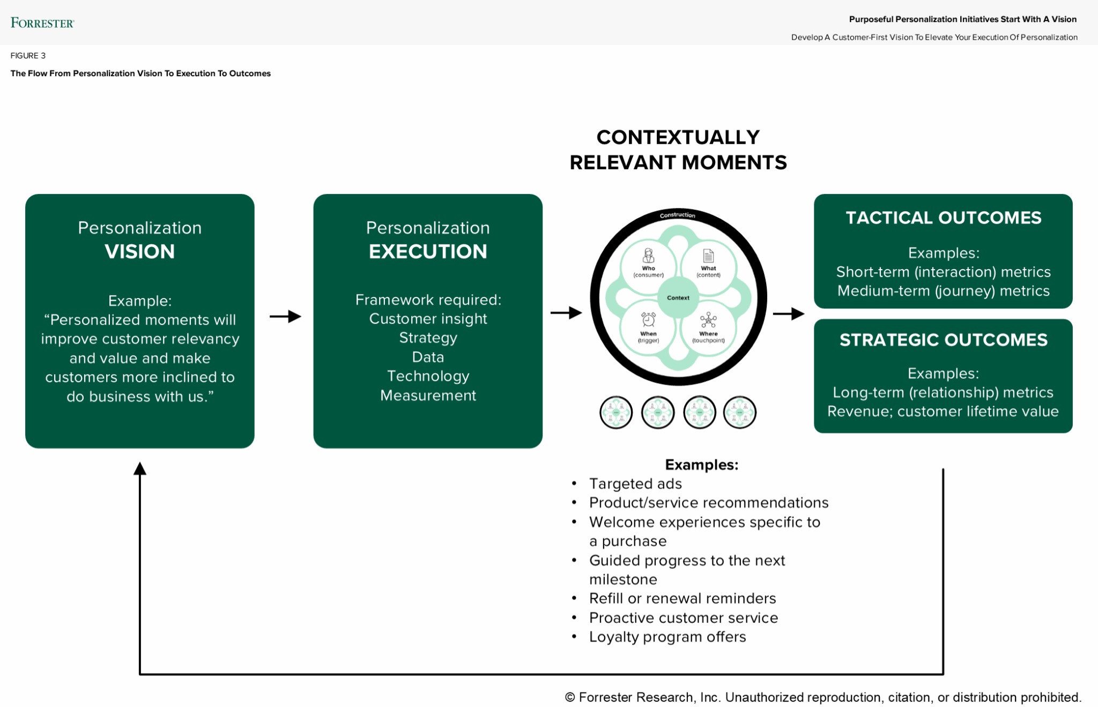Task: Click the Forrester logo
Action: (x=42, y=23)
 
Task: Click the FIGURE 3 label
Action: (x=28, y=56)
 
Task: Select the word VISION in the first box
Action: (x=139, y=251)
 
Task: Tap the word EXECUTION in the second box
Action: (x=428, y=251)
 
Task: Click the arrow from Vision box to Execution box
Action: (x=285, y=316)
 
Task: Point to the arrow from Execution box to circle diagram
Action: (x=566, y=312)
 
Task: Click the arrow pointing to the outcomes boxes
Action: (x=789, y=314)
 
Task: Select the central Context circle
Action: (x=678, y=297)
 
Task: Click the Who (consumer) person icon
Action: (x=649, y=256)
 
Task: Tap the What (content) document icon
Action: (x=708, y=256)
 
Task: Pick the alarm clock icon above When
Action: (x=649, y=319)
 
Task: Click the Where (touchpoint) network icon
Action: (x=708, y=321)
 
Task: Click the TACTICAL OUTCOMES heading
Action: (x=943, y=218)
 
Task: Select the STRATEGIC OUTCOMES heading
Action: (x=943, y=340)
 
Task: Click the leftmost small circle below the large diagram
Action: (x=616, y=412)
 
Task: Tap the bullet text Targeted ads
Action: (x=635, y=483)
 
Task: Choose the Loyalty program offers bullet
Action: (x=667, y=637)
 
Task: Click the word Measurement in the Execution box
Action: (x=428, y=396)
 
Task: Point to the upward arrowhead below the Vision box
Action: (x=140, y=469)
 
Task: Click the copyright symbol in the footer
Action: (x=570, y=697)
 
